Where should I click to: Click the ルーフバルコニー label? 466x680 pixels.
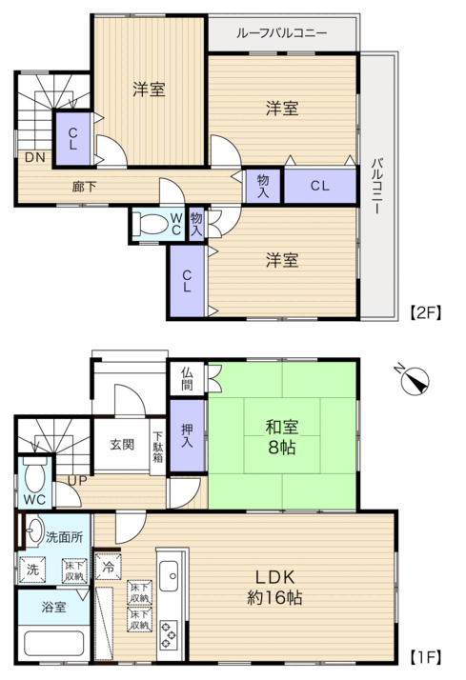pos(281,33)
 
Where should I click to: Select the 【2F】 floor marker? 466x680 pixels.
pos(425,312)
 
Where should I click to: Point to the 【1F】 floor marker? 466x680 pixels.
pos(425,656)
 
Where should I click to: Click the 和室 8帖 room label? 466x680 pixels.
pos(282,437)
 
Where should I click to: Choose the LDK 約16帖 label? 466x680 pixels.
pos(274,588)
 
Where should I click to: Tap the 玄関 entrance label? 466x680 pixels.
pos(122,445)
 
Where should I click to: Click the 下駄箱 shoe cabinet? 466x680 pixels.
pos(157,447)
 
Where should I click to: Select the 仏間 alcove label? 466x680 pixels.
pos(187,379)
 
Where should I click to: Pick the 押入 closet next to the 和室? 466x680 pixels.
pos(187,435)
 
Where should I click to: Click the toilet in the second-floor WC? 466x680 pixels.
pos(150,224)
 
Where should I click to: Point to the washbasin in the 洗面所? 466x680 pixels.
pos(34,530)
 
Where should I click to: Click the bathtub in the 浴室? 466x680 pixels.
pos(53,644)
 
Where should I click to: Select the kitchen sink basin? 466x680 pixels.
pos(169,576)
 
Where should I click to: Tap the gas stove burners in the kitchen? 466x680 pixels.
pos(169,635)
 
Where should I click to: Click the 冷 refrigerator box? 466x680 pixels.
pos(108,567)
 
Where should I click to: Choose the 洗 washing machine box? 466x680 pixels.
pos(32,569)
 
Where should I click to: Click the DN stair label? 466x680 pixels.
pos(34,157)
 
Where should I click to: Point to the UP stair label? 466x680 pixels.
pos(77,481)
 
